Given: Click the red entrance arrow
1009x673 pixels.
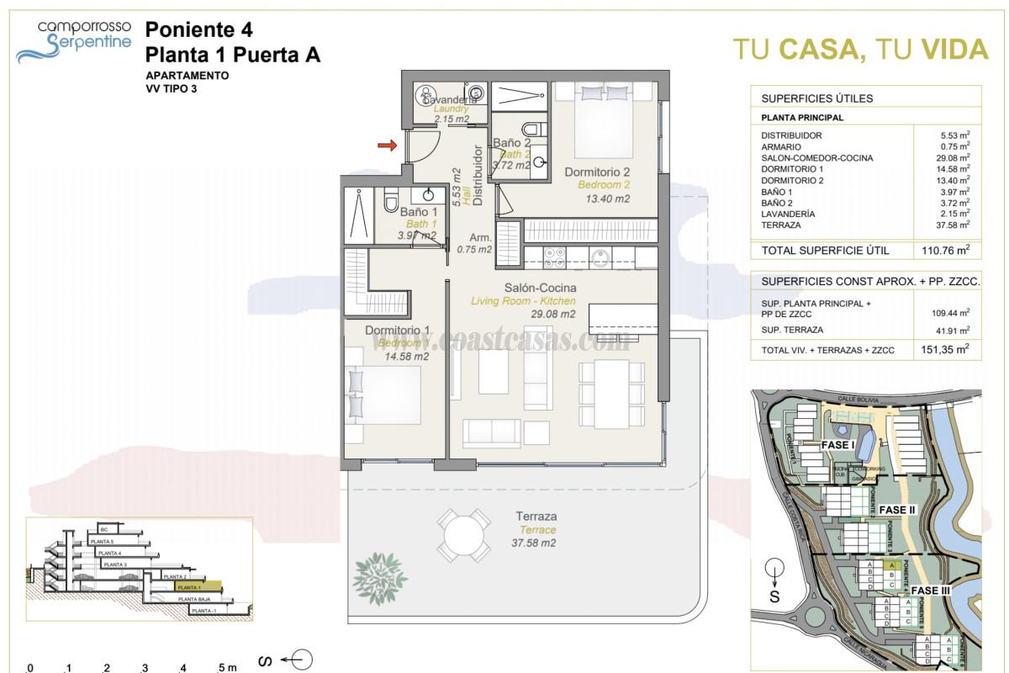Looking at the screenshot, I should [x=387, y=146].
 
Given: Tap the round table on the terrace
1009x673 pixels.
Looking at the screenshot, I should [x=464, y=536].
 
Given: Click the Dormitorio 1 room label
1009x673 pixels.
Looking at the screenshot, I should [x=398, y=331].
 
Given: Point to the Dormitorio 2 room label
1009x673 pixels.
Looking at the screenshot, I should [x=597, y=172].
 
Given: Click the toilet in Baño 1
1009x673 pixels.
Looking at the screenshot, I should [x=391, y=202].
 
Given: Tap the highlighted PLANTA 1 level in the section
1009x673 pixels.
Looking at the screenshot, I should [x=198, y=587].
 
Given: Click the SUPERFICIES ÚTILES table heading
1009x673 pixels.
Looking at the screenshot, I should [x=805, y=98].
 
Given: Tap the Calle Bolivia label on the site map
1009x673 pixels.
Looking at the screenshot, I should [x=859, y=398].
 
